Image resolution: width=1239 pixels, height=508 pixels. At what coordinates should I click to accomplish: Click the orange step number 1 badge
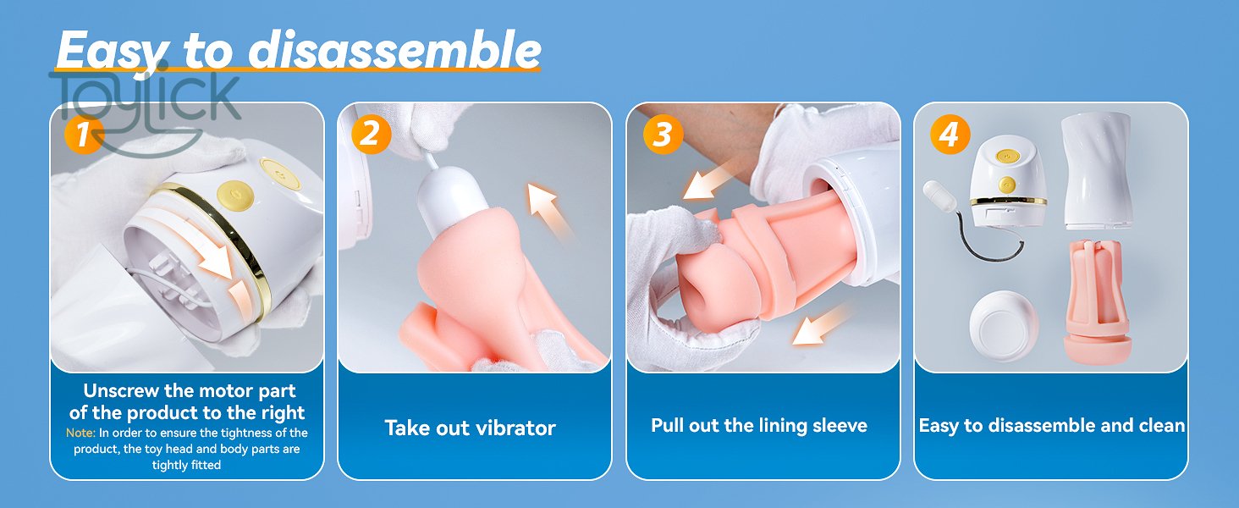[84, 134]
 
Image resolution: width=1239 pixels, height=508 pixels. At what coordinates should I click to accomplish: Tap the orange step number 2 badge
[372, 134]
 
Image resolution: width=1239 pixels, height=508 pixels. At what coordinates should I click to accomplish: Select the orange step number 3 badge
[663, 134]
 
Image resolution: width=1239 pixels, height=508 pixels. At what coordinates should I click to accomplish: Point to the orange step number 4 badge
[950, 134]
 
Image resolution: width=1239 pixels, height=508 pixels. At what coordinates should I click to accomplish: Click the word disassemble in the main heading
[394, 50]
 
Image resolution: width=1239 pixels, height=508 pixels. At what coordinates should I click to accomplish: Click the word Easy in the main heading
[112, 51]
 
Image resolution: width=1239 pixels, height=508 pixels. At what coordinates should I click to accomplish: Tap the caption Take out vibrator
[471, 428]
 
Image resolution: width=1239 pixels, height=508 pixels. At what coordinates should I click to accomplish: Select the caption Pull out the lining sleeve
[759, 425]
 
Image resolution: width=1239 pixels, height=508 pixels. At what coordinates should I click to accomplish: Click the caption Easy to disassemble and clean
[1051, 425]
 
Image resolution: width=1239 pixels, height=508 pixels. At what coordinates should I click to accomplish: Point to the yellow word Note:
[80, 433]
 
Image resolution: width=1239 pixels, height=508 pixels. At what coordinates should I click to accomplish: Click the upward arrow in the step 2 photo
[549, 212]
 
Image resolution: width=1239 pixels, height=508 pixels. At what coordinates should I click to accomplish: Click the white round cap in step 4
[1004, 327]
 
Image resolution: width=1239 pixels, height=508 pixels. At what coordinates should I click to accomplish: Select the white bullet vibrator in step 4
[939, 197]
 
